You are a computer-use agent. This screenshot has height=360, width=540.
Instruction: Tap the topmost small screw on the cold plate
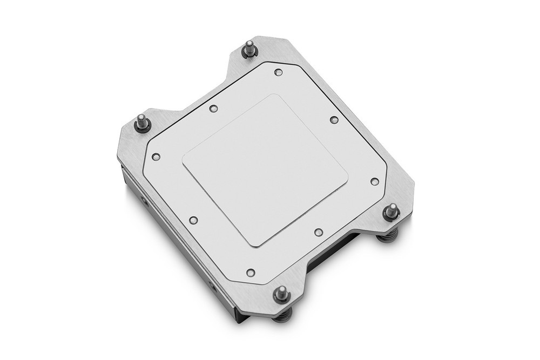[278, 72]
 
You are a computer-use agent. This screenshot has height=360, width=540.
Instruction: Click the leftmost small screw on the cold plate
[156, 157]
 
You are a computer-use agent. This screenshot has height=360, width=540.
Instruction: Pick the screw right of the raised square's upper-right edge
[334, 120]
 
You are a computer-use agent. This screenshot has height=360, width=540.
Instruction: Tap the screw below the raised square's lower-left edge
[193, 220]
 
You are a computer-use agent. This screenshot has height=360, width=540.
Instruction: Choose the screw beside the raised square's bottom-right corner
[318, 232]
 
